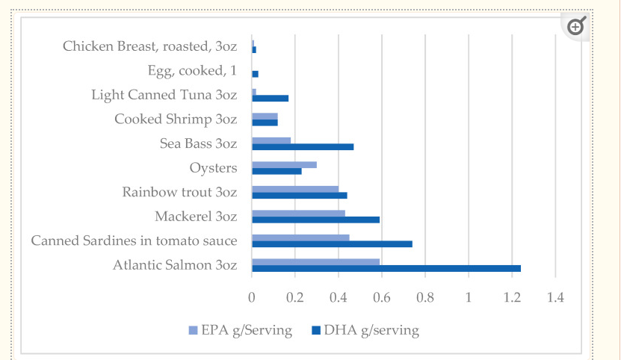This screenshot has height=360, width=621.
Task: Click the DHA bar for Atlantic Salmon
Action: click(386, 268)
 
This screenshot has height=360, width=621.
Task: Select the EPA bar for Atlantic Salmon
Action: click(315, 261)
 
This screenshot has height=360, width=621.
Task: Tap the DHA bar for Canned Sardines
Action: click(332, 244)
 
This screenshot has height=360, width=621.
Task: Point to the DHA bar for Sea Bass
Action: click(303, 146)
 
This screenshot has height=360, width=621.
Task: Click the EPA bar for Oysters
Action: click(284, 164)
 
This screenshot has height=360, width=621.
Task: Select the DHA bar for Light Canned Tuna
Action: click(270, 98)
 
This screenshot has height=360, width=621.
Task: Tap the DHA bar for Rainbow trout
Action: click(299, 196)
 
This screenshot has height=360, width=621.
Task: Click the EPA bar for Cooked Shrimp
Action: click(265, 116)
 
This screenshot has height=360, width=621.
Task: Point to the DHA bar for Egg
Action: click(255, 74)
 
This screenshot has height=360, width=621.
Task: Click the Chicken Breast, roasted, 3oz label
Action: click(149, 46)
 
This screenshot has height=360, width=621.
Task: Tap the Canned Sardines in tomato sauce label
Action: click(134, 240)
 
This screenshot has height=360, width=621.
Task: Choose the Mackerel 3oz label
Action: click(196, 217)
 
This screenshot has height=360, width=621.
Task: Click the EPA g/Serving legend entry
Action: click(240, 329)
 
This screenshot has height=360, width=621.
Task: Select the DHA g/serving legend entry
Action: click(365, 329)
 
